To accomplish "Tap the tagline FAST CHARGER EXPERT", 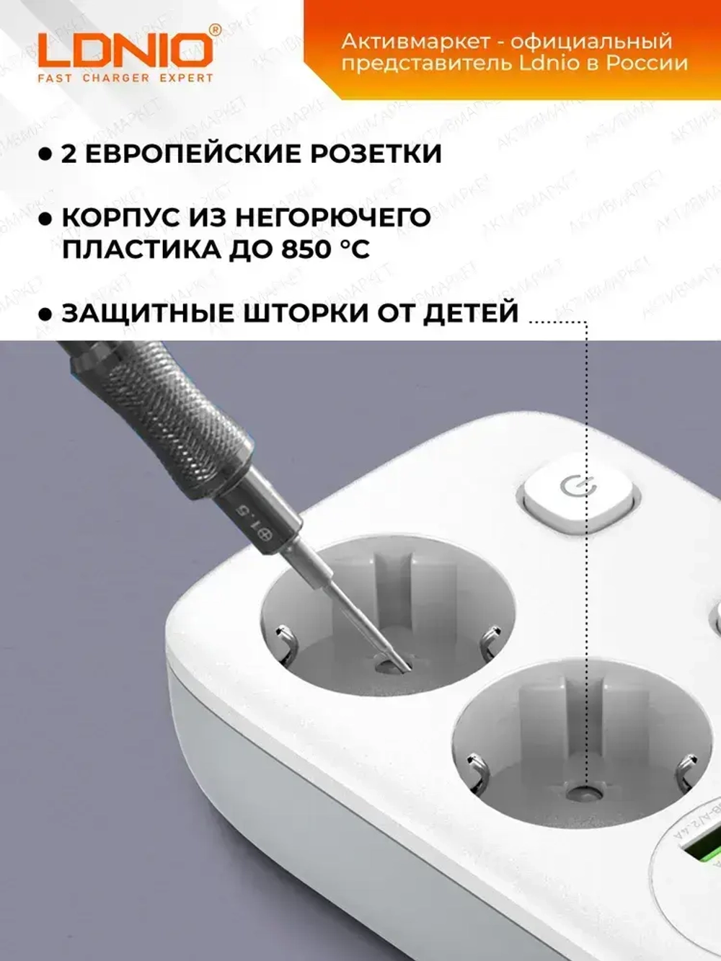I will [x=125, y=78].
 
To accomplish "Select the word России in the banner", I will [x=646, y=63].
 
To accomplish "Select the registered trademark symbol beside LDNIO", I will [x=214, y=30].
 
